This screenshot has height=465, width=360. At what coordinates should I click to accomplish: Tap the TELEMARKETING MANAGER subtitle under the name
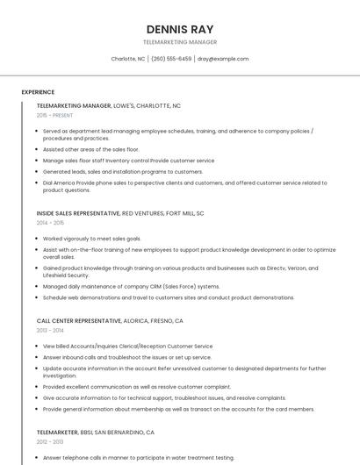tap(179, 41)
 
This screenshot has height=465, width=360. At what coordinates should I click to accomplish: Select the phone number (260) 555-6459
tap(171, 59)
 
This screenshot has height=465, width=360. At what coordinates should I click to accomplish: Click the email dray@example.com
tap(223, 59)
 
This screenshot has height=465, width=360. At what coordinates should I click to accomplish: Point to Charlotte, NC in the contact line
tap(128, 59)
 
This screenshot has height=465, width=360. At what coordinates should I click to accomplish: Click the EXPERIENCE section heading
tap(38, 92)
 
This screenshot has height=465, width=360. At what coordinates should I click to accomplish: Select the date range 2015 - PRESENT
tap(54, 115)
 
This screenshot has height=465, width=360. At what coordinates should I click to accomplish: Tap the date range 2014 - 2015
tap(50, 223)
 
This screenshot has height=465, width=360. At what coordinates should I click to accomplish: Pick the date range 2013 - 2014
tap(50, 331)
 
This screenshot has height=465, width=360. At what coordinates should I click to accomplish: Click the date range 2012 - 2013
tap(50, 442)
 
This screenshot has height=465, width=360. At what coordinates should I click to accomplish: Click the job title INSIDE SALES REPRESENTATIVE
tap(78, 213)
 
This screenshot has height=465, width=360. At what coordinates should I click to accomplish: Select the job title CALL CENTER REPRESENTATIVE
tap(80, 321)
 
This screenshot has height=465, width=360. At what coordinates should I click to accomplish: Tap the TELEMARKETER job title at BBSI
tap(57, 433)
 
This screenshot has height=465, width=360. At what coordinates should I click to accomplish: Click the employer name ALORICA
tap(137, 321)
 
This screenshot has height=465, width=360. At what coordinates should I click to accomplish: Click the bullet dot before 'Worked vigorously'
tap(38, 239)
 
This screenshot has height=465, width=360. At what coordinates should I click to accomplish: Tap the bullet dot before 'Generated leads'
tap(38, 172)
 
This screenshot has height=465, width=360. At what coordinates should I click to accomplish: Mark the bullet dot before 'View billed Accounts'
tap(38, 347)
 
